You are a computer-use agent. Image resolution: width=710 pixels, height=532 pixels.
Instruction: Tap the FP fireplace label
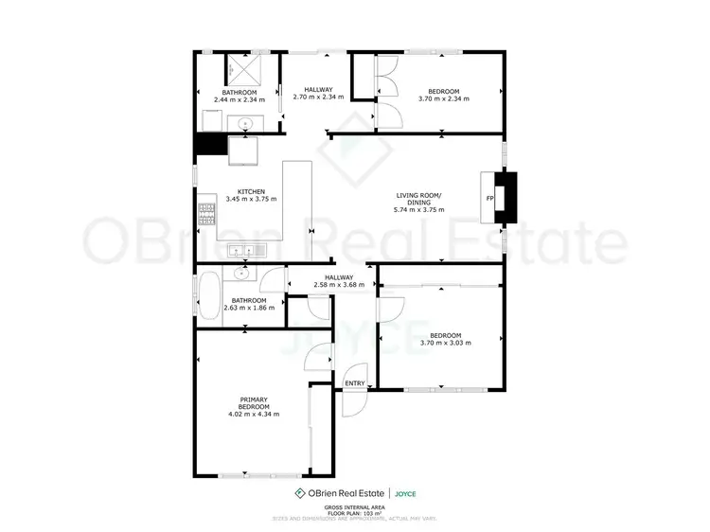[x=489, y=198]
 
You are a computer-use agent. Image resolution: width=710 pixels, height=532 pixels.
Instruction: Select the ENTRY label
[x=355, y=382]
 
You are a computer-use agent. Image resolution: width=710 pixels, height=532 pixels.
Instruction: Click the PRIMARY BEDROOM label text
[x=253, y=402]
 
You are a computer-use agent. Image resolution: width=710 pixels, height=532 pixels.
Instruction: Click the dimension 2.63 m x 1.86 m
[x=249, y=308]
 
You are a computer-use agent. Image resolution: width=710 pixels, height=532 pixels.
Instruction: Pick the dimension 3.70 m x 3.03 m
[x=445, y=343]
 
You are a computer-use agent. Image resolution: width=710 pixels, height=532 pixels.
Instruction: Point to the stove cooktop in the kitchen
[x=206, y=215]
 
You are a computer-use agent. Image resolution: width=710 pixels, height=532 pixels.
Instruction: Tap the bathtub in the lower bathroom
[x=207, y=295]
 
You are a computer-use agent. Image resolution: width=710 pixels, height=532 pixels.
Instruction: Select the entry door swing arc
[x=354, y=396]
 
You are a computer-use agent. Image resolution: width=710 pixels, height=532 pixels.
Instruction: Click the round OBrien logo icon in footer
[x=300, y=493]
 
